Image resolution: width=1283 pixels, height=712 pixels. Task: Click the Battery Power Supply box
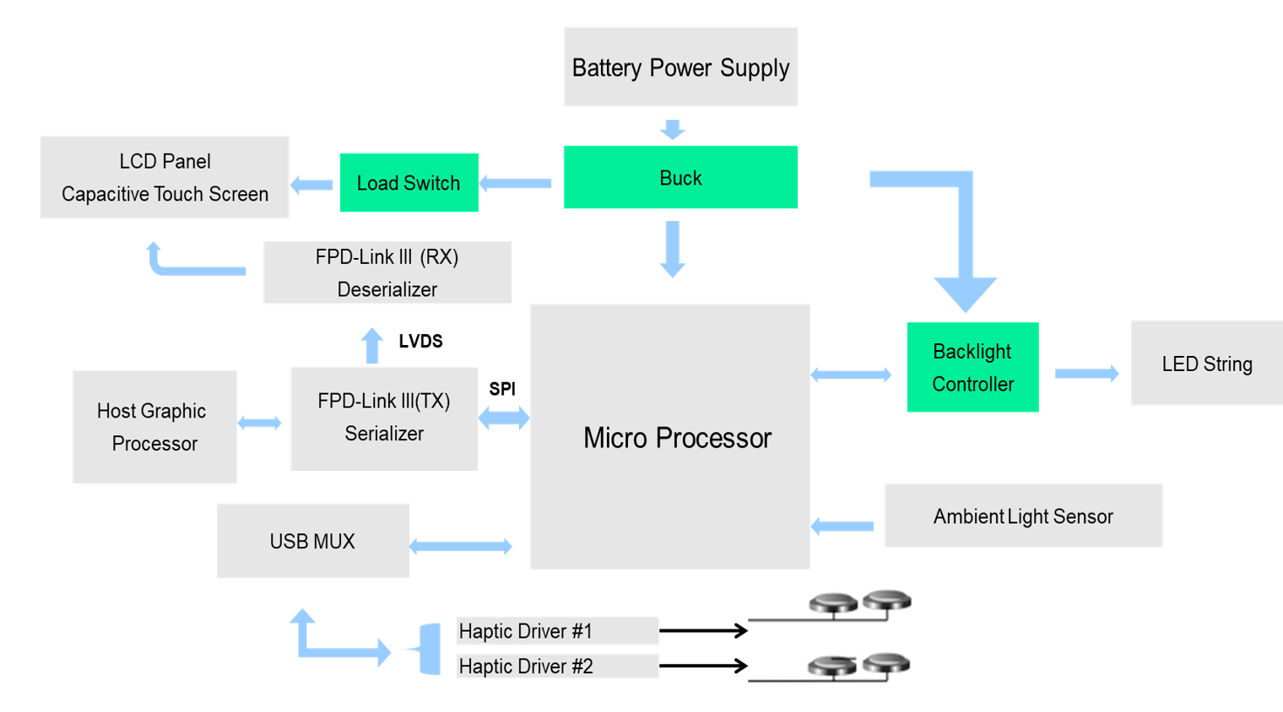[x=680, y=67]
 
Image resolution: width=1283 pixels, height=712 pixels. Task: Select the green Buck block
[x=680, y=177]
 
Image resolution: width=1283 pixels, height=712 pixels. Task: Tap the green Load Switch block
[x=409, y=182]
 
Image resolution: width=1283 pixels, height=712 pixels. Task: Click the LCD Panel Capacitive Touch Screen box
[x=165, y=177]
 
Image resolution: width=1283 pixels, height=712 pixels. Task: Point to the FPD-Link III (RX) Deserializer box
[x=387, y=272]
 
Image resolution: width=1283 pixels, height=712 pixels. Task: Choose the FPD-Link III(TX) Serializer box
[x=384, y=418]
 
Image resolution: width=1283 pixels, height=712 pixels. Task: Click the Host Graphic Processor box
[x=154, y=426]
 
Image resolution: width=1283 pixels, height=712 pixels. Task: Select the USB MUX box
[x=313, y=541]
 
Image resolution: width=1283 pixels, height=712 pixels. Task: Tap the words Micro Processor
[x=677, y=438]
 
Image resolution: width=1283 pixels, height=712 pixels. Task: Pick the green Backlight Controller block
[x=972, y=367]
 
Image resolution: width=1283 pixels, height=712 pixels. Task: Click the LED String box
[x=1206, y=364]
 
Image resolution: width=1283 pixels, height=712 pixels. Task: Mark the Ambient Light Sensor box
[x=1023, y=515]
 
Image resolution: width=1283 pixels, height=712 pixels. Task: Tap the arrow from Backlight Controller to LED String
[x=1086, y=373]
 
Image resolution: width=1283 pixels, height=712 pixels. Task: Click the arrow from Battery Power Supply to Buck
[x=672, y=128]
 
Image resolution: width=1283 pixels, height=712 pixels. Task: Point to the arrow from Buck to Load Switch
[x=516, y=183]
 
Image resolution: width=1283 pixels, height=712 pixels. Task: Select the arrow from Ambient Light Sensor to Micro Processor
[x=843, y=526]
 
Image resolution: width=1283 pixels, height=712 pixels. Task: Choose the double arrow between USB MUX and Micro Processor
[x=461, y=547]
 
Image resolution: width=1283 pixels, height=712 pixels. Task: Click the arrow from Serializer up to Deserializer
[x=372, y=346]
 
